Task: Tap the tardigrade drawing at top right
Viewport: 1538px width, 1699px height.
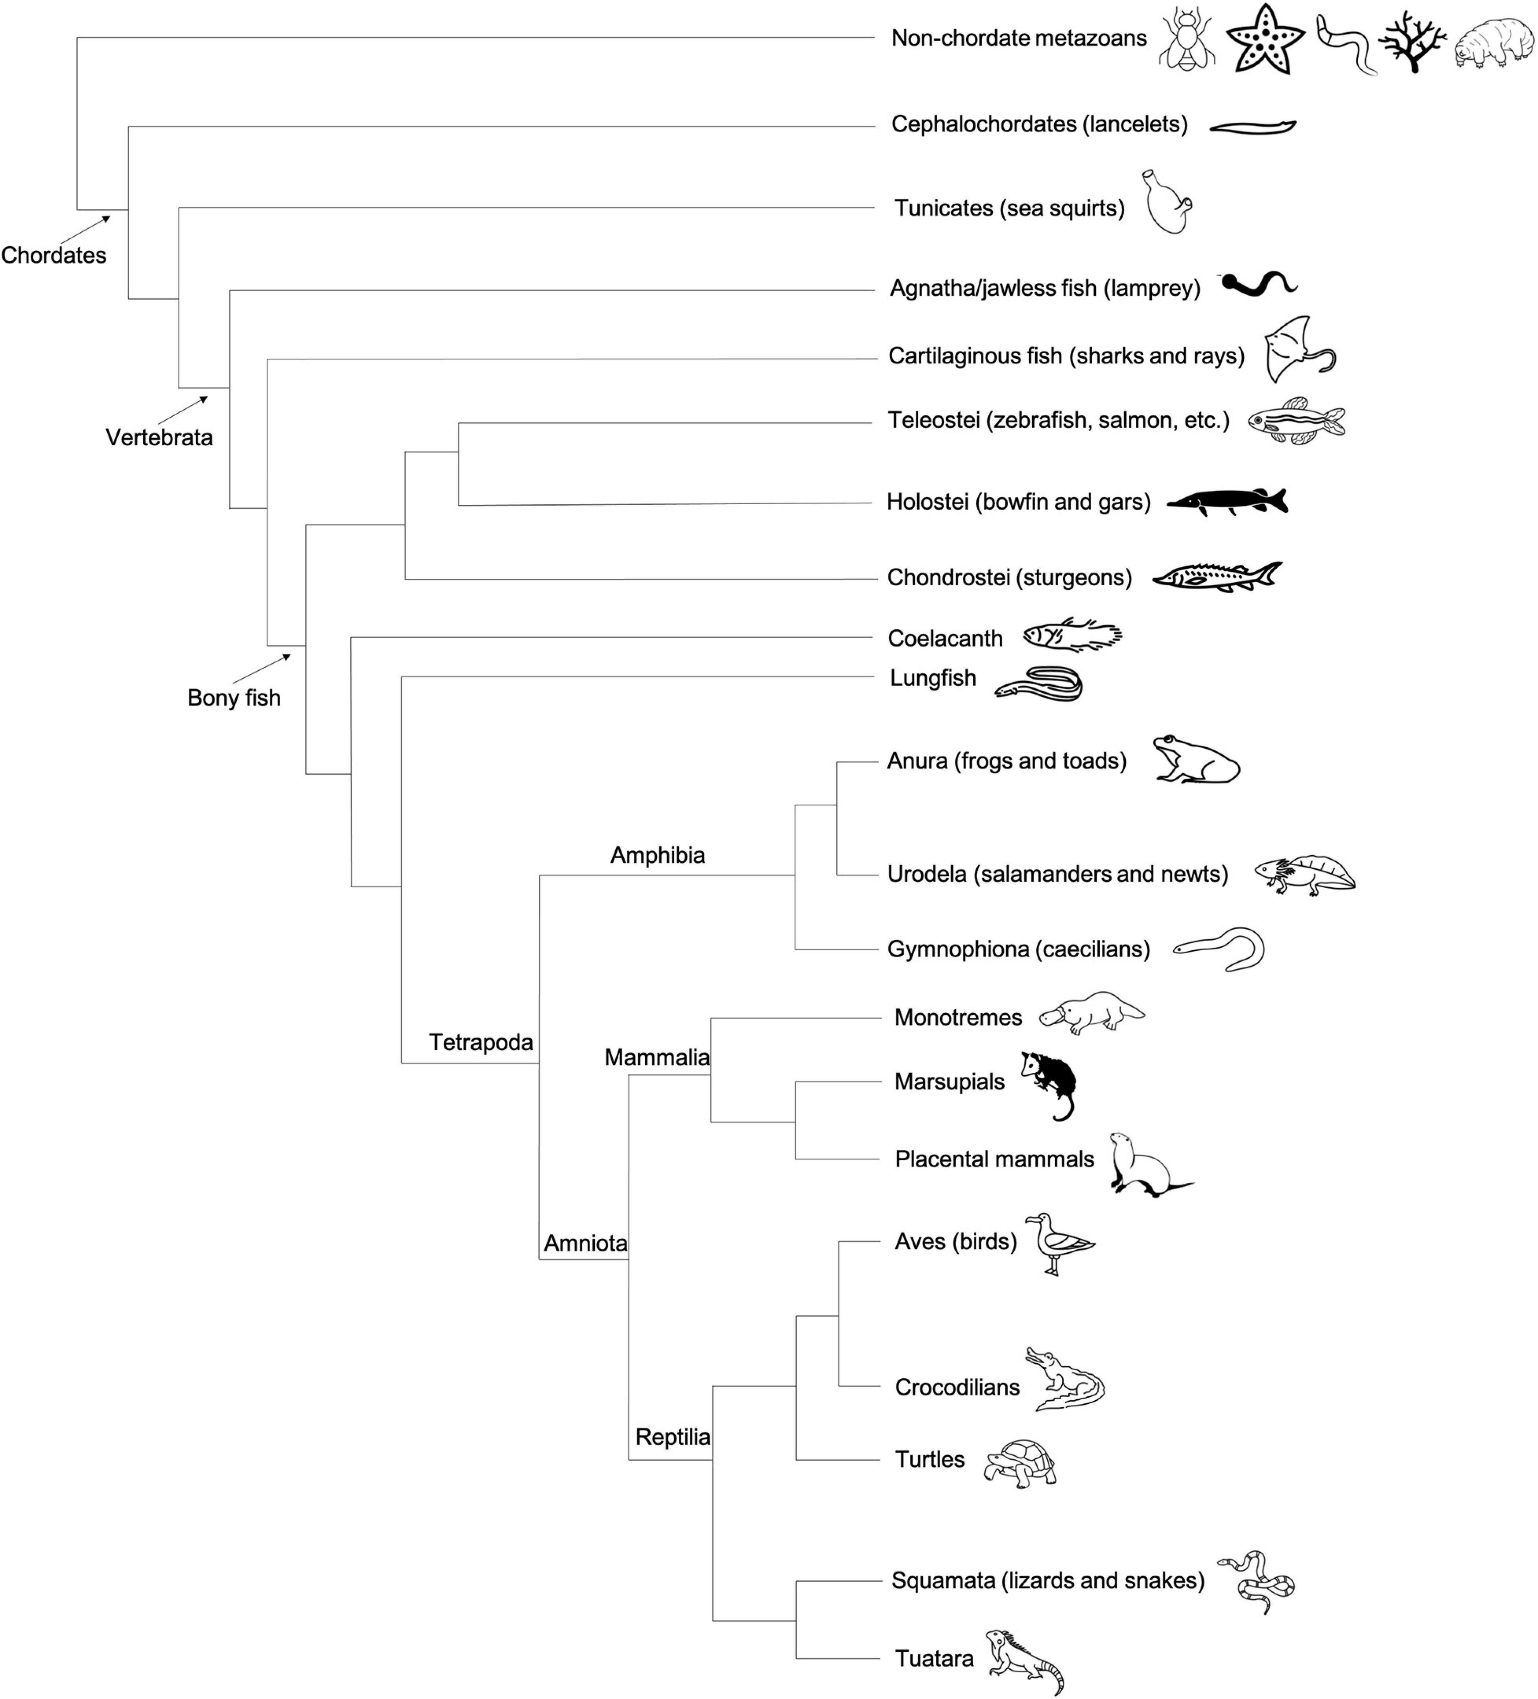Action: coord(1493,44)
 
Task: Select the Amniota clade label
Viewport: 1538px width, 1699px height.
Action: coord(585,1243)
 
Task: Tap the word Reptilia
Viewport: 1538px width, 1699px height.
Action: coord(673,1437)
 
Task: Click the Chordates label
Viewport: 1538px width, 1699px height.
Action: coord(54,256)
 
